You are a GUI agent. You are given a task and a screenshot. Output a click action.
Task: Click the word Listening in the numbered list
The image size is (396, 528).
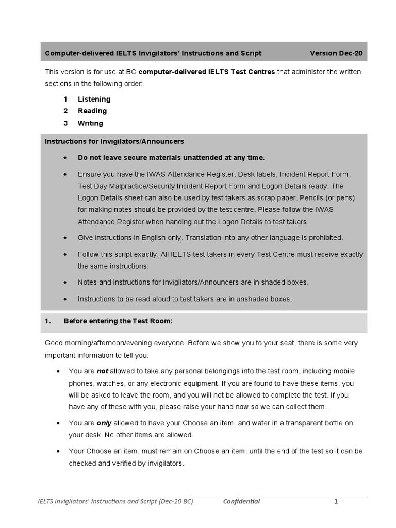point(94,99)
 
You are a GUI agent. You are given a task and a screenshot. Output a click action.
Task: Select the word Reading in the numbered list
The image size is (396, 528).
point(92,111)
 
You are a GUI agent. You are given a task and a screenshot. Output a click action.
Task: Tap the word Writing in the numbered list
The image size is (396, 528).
point(90,123)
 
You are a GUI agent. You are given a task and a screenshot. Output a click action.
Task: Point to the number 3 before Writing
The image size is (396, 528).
point(65,123)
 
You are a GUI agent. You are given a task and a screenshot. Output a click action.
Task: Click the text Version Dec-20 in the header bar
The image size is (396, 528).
point(339,53)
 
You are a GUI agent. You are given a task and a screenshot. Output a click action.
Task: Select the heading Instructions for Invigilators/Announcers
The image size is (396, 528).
point(114,141)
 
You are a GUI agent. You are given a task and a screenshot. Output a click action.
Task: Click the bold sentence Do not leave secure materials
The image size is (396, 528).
point(171,157)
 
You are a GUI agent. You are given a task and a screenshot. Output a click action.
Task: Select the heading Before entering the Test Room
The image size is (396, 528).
point(118,321)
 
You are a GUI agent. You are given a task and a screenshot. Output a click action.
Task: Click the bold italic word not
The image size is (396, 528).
point(103,371)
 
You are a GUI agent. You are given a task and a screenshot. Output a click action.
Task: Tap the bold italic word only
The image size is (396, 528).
point(104,423)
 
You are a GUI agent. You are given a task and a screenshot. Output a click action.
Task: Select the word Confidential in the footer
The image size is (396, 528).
point(241,501)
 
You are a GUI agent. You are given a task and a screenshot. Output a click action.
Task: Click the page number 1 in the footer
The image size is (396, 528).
point(335,501)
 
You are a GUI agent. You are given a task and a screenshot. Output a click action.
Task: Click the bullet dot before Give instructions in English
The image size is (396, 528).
point(64,238)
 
